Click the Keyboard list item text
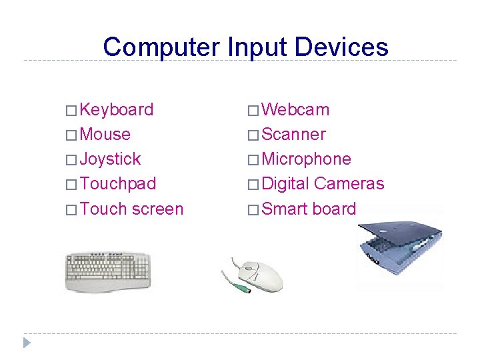117,110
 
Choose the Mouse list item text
105,135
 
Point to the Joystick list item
110,159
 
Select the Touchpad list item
117,184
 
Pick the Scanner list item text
294,135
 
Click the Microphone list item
306,159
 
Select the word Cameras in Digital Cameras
349,184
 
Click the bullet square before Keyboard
71,111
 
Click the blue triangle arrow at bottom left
27,343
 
